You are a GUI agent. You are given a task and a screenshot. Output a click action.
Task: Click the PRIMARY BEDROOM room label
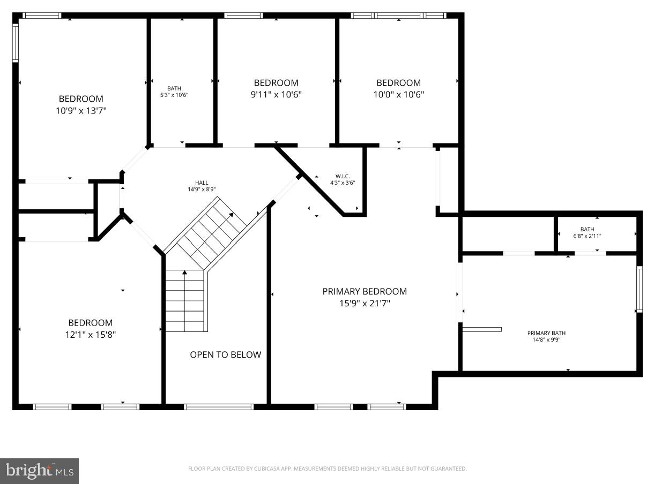pyautogui.click(x=365, y=292)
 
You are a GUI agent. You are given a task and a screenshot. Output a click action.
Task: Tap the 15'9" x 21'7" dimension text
pyautogui.click(x=365, y=304)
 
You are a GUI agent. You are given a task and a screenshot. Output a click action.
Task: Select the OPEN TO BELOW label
pyautogui.click(x=226, y=355)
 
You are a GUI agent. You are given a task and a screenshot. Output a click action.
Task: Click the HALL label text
pyautogui.click(x=202, y=183)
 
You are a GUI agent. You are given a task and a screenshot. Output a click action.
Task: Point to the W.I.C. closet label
pyautogui.click(x=343, y=176)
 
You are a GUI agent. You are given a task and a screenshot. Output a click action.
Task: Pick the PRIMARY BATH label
pyautogui.click(x=546, y=334)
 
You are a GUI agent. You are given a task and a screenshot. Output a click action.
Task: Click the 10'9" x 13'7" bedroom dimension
pyautogui.click(x=81, y=111)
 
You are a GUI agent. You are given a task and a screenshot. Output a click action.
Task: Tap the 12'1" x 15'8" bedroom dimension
pyautogui.click(x=91, y=335)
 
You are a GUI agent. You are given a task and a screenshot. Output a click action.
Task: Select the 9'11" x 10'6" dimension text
pyautogui.click(x=276, y=95)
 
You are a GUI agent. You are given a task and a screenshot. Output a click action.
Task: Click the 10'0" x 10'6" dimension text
pyautogui.click(x=398, y=95)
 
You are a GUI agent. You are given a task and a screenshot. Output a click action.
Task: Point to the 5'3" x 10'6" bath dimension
pyautogui.click(x=174, y=95)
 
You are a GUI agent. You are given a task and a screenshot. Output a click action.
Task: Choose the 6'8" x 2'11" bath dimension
pyautogui.click(x=587, y=236)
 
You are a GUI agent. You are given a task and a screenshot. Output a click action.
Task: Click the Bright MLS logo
pyautogui.click(x=40, y=471)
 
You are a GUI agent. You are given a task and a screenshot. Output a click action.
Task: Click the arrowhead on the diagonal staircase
pyautogui.click(x=232, y=215)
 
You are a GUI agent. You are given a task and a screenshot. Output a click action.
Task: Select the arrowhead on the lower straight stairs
pyautogui.click(x=184, y=273)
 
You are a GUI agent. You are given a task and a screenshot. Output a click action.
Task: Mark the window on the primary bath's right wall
pyautogui.click(x=638, y=289)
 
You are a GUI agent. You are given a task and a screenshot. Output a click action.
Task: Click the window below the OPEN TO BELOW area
pyautogui.click(x=219, y=407)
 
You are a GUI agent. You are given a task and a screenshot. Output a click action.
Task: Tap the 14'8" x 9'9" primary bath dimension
pyautogui.click(x=546, y=340)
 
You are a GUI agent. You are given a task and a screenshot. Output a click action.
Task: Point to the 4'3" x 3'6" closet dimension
pyautogui.click(x=343, y=183)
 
